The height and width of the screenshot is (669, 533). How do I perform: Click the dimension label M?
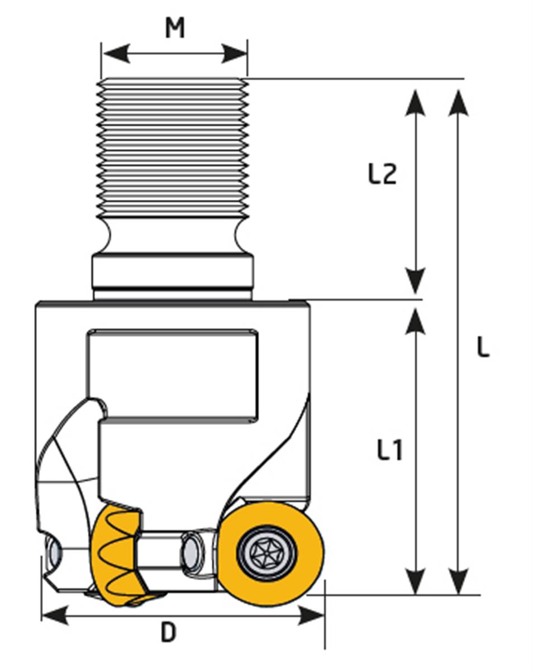pos(175,27)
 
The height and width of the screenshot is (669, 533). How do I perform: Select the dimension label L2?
pos(383,175)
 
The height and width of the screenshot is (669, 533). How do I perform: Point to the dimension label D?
pos(168,633)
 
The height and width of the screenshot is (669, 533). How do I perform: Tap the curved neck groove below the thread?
pos(172,235)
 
